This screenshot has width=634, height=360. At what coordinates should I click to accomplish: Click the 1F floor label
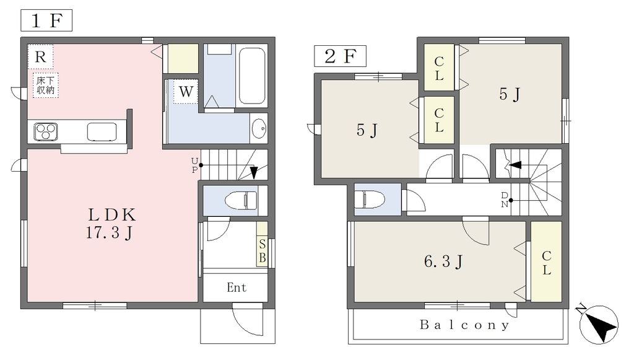(x=46, y=20)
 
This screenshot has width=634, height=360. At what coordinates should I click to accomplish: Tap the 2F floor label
(x=340, y=56)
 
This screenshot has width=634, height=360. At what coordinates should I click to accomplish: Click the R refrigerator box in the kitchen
(x=40, y=56)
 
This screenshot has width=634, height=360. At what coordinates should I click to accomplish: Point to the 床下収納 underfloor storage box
(x=46, y=86)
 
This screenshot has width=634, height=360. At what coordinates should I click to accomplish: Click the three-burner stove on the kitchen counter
(x=46, y=131)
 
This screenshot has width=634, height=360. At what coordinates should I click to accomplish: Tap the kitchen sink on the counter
(x=102, y=132)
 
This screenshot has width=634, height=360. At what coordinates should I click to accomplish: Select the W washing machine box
(x=186, y=92)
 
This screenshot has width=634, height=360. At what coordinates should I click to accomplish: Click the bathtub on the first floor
(x=252, y=76)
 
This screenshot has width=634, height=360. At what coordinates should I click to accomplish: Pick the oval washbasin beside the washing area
(x=259, y=129)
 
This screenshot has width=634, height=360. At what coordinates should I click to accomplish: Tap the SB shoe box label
(x=262, y=251)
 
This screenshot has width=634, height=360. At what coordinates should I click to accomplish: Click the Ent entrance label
(x=237, y=288)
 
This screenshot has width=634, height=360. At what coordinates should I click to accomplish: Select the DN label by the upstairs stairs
(x=505, y=200)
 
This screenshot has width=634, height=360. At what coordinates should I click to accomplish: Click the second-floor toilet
(x=370, y=200)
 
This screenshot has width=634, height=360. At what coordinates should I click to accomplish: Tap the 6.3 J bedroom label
(x=443, y=261)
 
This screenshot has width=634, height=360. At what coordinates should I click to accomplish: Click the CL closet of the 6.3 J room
(x=547, y=262)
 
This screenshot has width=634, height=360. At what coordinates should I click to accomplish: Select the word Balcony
(x=464, y=325)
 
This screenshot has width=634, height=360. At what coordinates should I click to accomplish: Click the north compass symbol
(x=598, y=324)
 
